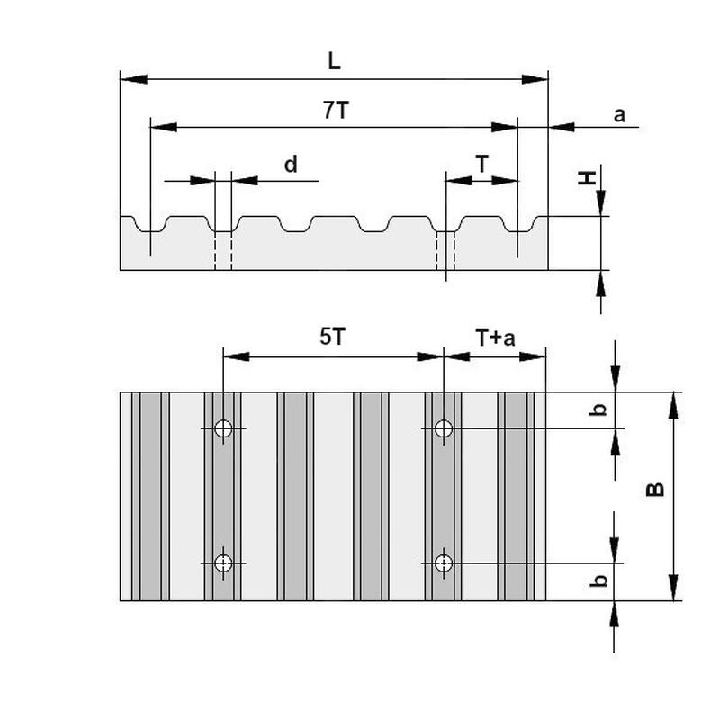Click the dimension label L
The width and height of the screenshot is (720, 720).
(335, 61)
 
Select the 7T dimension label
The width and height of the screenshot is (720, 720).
(336, 111)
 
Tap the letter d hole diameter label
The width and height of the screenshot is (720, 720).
(290, 165)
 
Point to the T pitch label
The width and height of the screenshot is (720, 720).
(482, 164)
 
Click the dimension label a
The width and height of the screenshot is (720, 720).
(618, 114)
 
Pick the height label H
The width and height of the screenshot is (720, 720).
(587, 179)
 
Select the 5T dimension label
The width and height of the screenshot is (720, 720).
(332, 337)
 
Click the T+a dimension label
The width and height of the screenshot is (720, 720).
(495, 337)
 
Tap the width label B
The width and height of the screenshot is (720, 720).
(656, 489)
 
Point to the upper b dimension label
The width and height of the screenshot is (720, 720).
(597, 409)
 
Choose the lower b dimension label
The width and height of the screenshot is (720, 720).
(597, 580)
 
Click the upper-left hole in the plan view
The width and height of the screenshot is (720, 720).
(223, 428)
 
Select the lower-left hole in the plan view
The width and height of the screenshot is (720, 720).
(223, 563)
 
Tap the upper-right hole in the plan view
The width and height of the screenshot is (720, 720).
(443, 428)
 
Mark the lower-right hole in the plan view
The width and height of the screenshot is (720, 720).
(443, 563)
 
